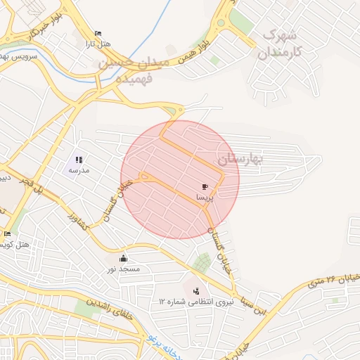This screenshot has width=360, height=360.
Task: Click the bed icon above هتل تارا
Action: click(98, 34)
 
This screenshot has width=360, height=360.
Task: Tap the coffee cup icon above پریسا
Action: click(205, 187)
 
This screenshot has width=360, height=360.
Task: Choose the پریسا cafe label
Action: click(205, 199)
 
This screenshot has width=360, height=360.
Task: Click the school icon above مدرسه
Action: click(79, 160)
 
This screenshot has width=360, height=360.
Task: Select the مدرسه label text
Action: click(79, 171)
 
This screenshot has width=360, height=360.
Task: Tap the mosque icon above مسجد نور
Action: click(124, 257)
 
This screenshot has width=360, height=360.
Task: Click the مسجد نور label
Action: click(124, 269)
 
